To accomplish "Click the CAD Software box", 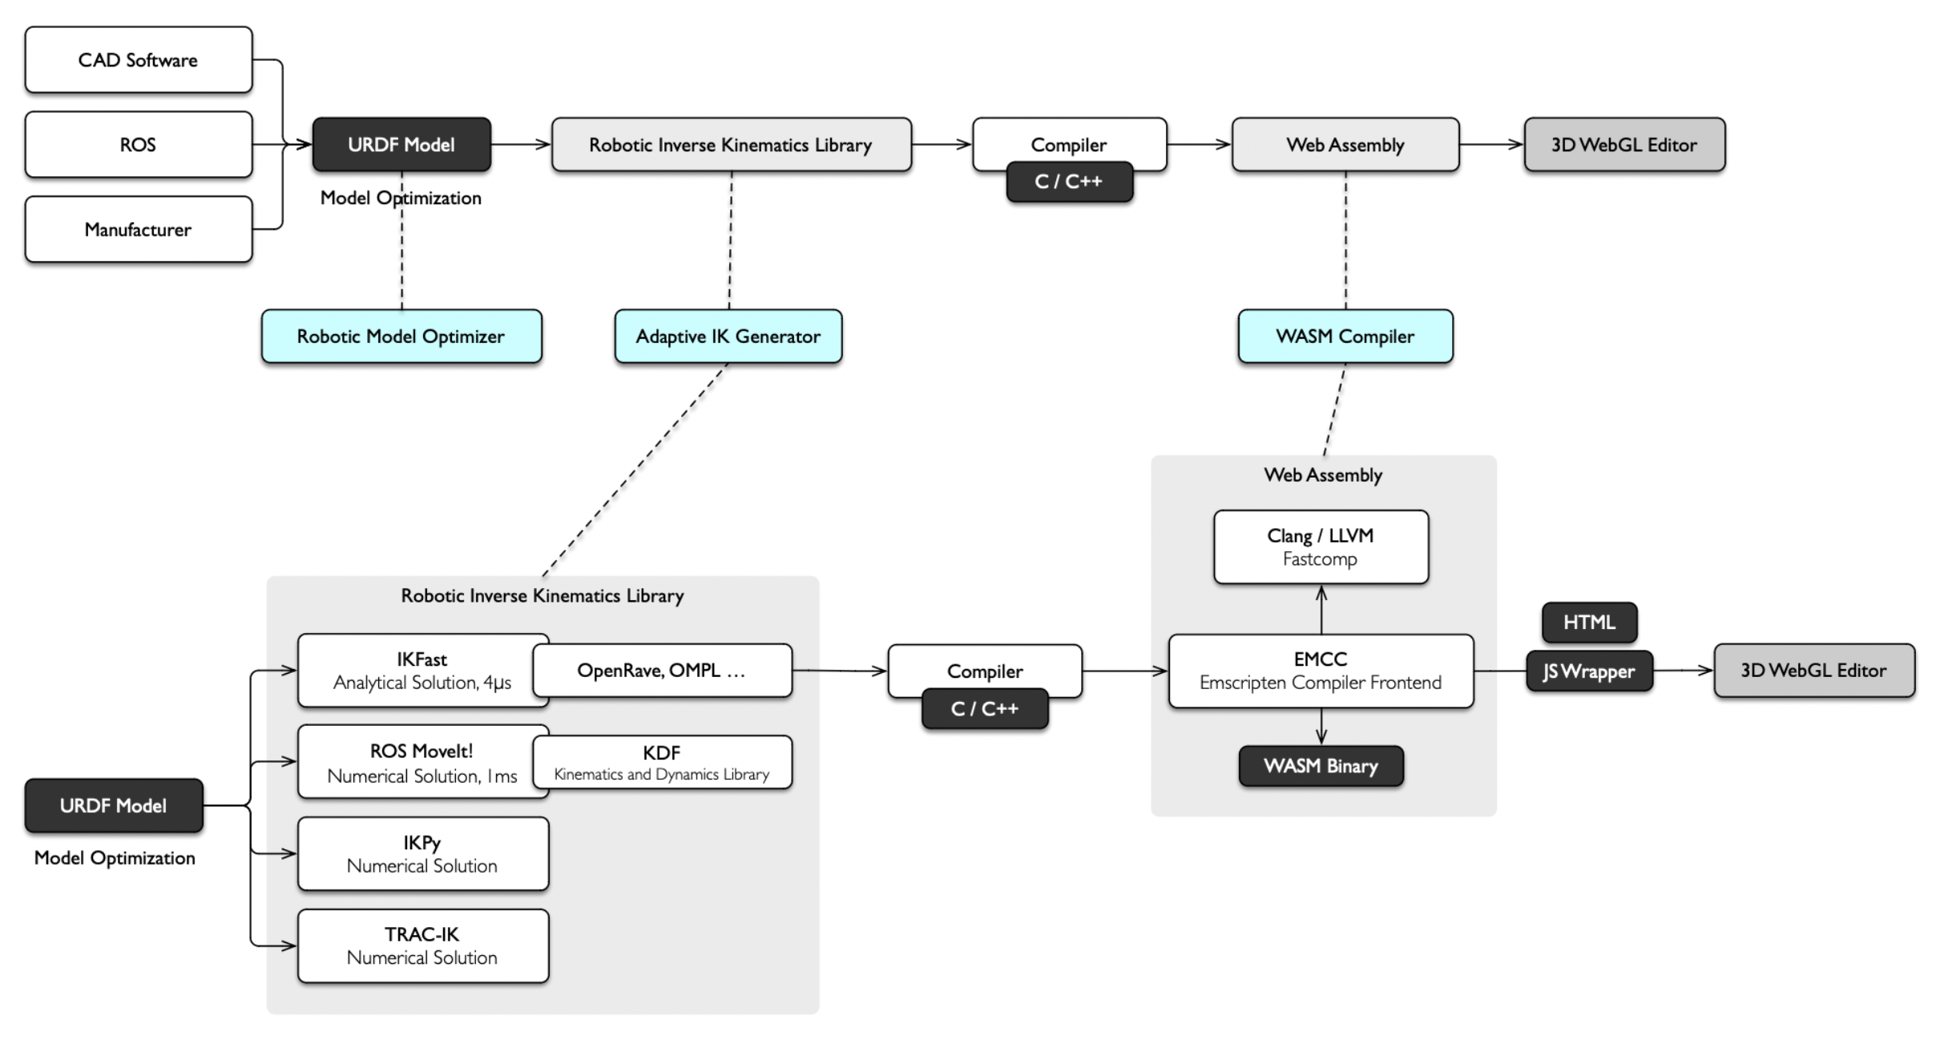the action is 139,60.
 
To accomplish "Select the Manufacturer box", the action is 139,229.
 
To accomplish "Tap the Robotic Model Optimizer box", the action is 401,337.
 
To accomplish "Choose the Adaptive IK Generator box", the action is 728,337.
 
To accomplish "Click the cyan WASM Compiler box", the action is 1345,337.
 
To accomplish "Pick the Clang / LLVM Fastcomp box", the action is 1321,547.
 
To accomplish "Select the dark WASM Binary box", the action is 1321,766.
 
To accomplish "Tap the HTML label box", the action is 1590,623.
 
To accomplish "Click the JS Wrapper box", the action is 1590,671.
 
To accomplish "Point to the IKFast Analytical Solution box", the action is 422,671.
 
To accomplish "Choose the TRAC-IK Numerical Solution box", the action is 423,945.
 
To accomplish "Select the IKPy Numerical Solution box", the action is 423,854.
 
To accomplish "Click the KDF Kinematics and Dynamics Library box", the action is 663,762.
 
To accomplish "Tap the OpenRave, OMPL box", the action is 663,671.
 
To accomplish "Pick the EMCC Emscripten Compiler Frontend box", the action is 1321,671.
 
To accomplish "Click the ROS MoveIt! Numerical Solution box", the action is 422,762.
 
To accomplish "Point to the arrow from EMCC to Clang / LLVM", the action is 1321,610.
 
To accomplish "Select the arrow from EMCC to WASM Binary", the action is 1321,727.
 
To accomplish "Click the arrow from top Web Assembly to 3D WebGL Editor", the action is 1491,144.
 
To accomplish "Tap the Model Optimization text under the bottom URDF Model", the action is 115,857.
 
